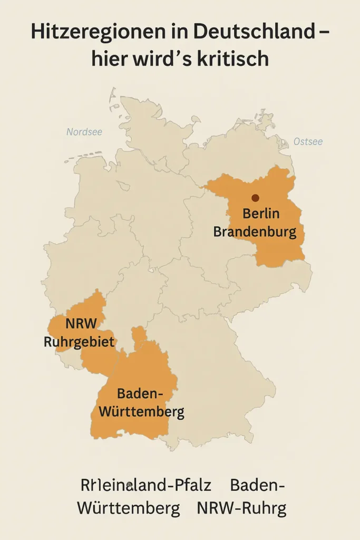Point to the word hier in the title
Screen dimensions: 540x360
point(110,59)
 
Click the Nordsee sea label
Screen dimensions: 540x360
point(84,132)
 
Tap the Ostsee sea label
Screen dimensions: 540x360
point(308,141)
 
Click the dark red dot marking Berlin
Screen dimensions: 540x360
point(255,198)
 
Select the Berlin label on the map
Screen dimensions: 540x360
point(261,215)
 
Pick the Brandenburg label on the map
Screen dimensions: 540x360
point(255,232)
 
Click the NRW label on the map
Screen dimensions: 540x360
point(81,324)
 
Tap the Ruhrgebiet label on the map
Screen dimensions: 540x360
point(79,342)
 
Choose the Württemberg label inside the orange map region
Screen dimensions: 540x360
point(141,411)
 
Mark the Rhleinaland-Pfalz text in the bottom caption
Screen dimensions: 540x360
point(146,485)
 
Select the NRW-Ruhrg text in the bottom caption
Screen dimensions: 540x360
point(241,509)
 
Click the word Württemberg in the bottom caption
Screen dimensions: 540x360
point(128,509)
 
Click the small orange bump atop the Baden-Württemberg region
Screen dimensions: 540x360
point(139,333)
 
